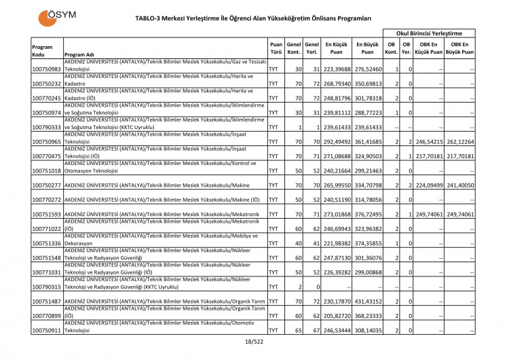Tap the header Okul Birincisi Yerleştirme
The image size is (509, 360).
(x=429, y=33)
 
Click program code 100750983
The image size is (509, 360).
(x=47, y=69)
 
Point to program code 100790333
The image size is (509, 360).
(x=47, y=127)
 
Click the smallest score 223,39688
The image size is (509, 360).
(x=337, y=69)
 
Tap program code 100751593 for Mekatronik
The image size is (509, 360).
(x=47, y=214)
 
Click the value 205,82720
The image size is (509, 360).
(x=337, y=316)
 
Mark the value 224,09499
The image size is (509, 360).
(x=429, y=185)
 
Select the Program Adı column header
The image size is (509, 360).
(x=79, y=55)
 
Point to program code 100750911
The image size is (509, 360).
(x=47, y=330)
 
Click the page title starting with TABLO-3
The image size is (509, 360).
(x=253, y=18)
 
